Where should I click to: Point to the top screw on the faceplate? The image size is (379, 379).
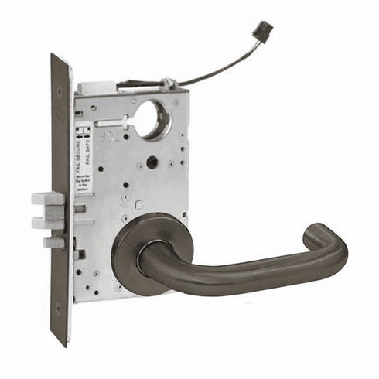click(x=60, y=91)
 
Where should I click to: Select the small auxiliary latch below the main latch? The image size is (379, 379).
click(x=54, y=242)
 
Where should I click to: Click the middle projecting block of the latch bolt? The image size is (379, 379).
click(x=48, y=222)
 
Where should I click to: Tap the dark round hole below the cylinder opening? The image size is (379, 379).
click(x=152, y=162)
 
